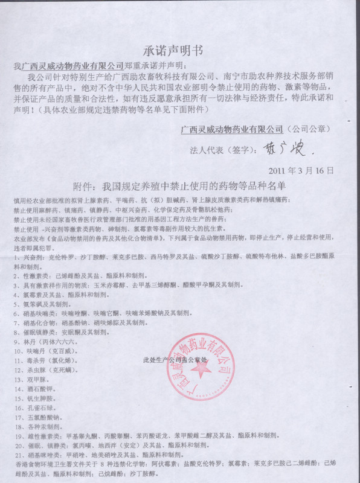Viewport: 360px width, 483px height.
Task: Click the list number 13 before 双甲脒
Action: click(x=18, y=381)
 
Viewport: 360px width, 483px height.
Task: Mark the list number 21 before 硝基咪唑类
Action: click(x=18, y=453)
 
